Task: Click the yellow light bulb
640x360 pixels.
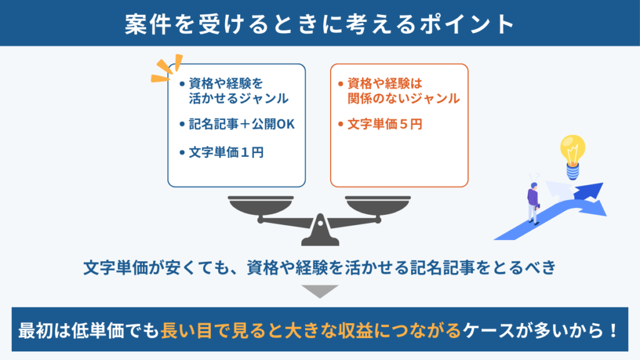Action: click(572, 157)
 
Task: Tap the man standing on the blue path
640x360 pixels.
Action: click(533, 203)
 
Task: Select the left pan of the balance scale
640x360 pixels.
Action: click(261, 205)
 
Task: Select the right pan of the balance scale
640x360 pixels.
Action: click(377, 205)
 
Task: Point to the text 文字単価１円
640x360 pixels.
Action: click(226, 152)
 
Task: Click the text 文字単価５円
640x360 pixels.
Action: click(384, 124)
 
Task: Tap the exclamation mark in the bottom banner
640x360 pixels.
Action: click(613, 330)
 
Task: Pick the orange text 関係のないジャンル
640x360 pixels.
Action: click(404, 98)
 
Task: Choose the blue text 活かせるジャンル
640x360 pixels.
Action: click(239, 98)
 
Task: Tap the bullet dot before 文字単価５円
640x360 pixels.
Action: click(341, 124)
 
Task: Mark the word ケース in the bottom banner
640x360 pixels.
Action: click(488, 330)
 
